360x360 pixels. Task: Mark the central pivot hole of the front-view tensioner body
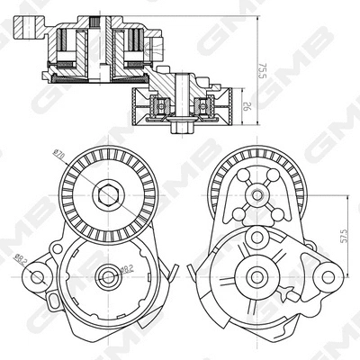click(x=108, y=276)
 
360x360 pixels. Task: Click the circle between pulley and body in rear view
click(x=257, y=236)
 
